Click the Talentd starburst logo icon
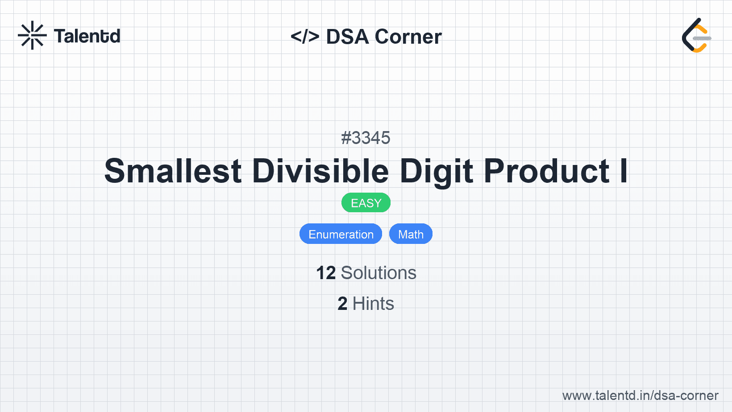click(x=32, y=35)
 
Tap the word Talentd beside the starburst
click(x=87, y=36)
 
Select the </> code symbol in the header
click(x=305, y=36)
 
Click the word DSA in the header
click(x=347, y=37)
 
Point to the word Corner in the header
click(x=408, y=37)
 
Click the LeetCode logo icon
click(x=696, y=35)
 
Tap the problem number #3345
click(x=366, y=138)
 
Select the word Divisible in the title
click(x=320, y=170)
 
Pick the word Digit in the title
click(x=436, y=173)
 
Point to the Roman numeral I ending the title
click(x=624, y=171)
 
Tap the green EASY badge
click(x=366, y=203)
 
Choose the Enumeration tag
click(x=341, y=234)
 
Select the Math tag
click(x=411, y=234)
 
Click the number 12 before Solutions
click(x=326, y=273)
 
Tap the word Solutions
click(x=378, y=273)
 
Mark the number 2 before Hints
click(x=342, y=304)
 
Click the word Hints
click(x=373, y=304)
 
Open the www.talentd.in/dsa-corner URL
click(x=640, y=396)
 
